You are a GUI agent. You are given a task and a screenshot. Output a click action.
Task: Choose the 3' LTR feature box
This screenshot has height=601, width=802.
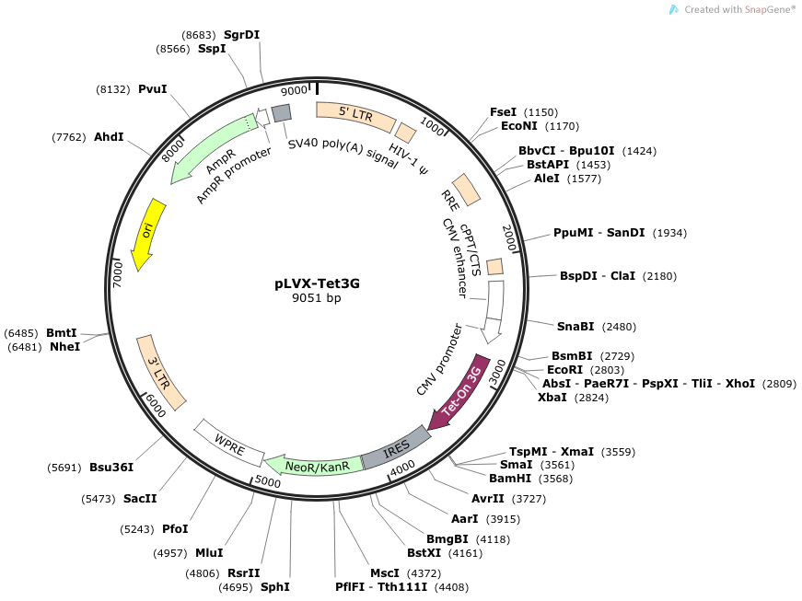pyautogui.click(x=161, y=372)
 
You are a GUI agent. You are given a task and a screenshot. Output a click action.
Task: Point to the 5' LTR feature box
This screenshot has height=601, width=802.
pyautogui.click(x=355, y=114)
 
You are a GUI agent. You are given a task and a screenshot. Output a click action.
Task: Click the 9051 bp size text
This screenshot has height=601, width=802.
pyautogui.click(x=317, y=298)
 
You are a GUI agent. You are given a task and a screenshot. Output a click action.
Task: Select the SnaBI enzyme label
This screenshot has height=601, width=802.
pyautogui.click(x=576, y=326)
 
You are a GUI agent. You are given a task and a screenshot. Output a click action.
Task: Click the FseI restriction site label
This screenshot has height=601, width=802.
pyautogui.click(x=503, y=111)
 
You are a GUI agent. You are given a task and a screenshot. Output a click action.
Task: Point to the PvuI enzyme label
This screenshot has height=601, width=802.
pyautogui.click(x=152, y=89)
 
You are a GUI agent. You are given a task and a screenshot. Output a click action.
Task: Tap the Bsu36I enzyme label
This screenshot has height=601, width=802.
pyautogui.click(x=111, y=467)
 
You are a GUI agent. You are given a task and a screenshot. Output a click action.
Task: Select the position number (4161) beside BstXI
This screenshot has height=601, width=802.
pyautogui.click(x=464, y=553)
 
